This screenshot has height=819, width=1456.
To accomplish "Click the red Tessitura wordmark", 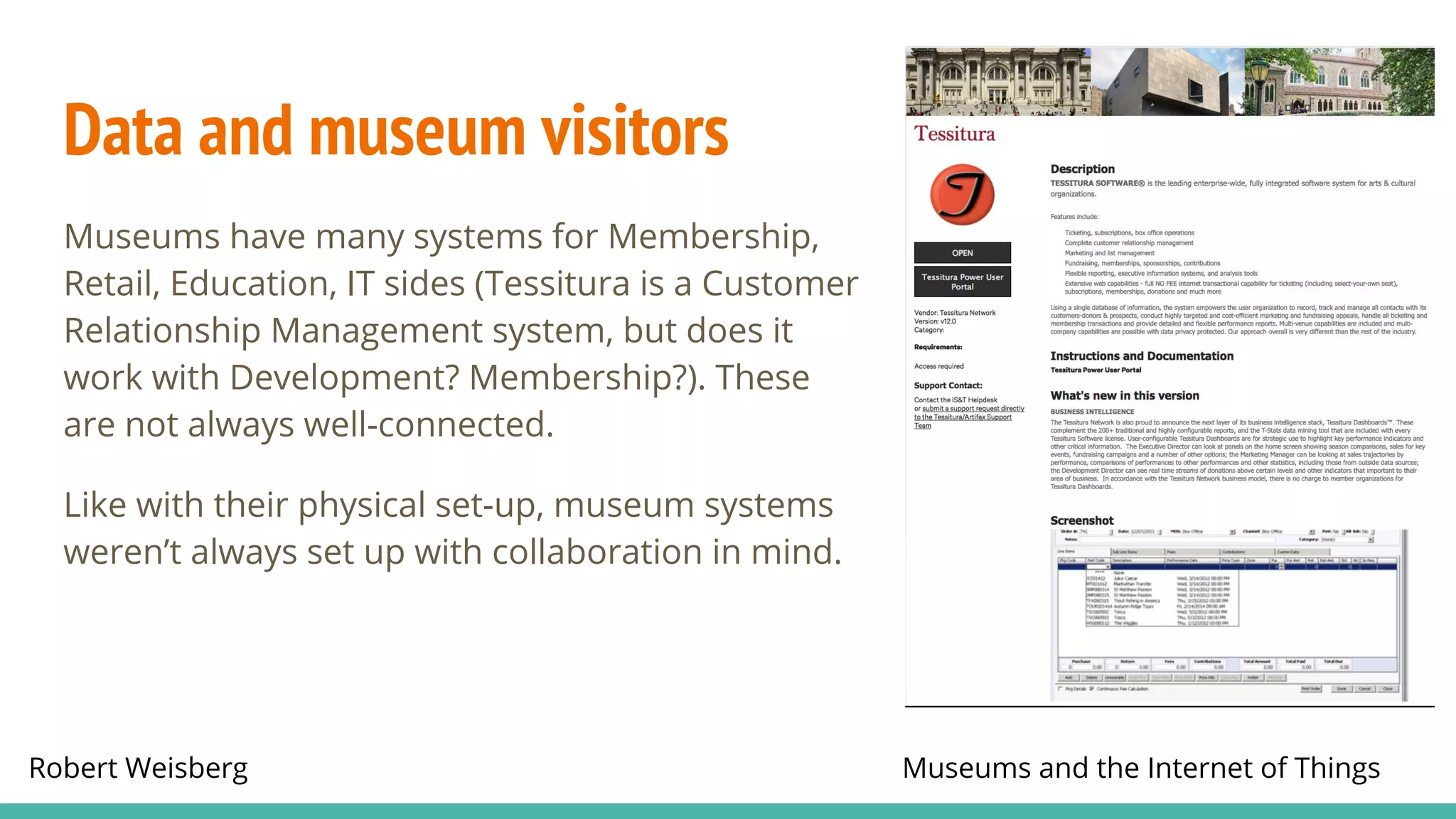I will coord(954,134).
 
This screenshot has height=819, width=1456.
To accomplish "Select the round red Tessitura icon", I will coord(962,195).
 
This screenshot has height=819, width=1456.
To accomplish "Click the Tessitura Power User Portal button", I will coord(962,282).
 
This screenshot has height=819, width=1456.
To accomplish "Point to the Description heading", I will coord(1082,169).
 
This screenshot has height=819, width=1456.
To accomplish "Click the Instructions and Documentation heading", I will coord(1141,356).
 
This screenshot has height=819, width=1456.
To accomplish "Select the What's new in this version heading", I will coord(1124,396).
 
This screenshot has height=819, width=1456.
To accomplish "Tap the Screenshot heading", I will coord(1081,520).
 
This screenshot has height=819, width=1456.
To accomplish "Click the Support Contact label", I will coord(948,385).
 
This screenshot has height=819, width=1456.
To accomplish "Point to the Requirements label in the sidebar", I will coord(938,347).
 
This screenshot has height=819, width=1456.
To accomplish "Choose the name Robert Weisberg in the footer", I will coord(138,768).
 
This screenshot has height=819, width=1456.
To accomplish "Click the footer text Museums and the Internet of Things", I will coord(1140,768).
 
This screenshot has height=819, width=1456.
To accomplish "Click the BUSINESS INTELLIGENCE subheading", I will coord(1092,412).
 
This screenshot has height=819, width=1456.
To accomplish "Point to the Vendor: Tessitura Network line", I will coord(954,313).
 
